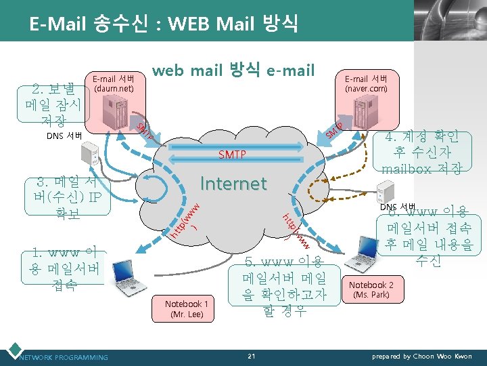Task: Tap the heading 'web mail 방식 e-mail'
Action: (233, 70)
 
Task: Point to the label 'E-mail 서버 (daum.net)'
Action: (114, 82)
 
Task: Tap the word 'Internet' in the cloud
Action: (233, 183)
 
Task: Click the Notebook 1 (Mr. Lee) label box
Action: (187, 309)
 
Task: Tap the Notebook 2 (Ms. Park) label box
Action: (371, 289)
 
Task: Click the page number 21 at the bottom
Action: (251, 356)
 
